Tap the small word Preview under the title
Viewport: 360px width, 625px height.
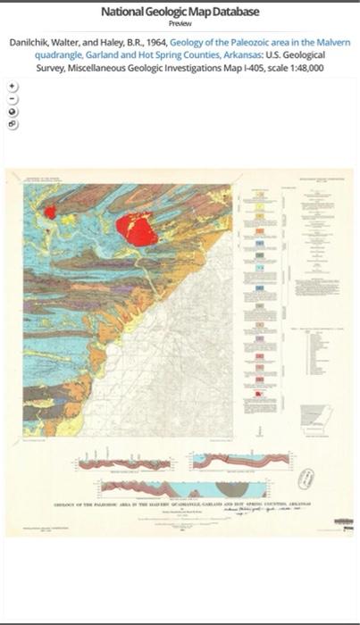point(180,24)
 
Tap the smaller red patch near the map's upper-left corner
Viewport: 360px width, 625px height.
point(50,212)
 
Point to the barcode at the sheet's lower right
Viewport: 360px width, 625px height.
point(343,520)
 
